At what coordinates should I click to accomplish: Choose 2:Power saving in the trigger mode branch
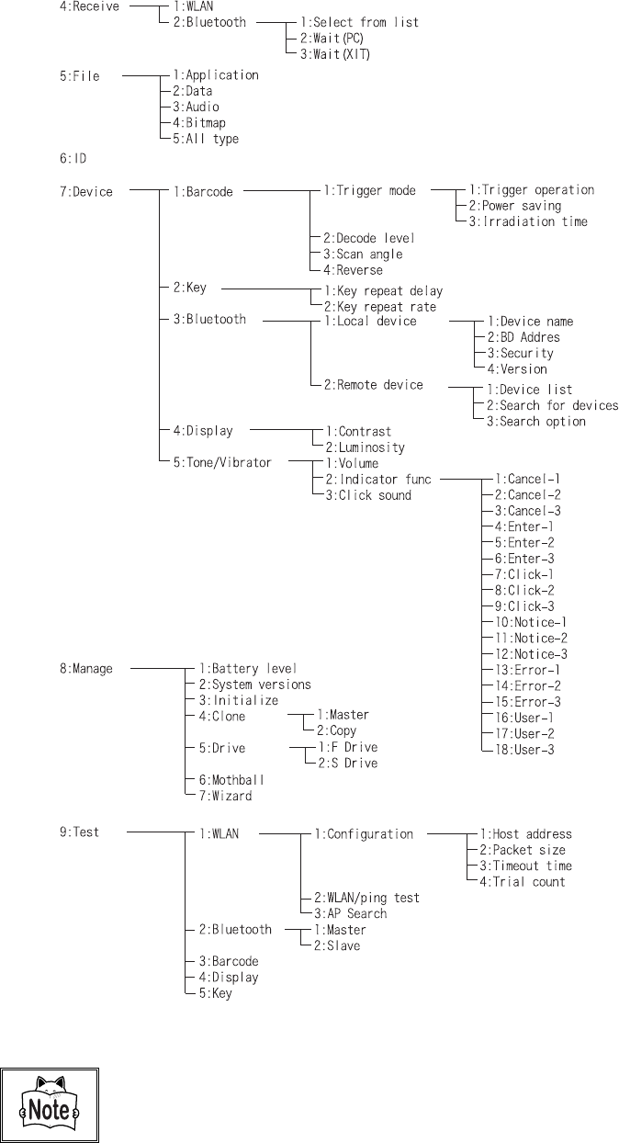(514, 206)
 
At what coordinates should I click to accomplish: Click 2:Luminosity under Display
(364, 447)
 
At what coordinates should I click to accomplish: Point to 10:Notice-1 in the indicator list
(531, 622)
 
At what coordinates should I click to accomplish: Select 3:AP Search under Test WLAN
(350, 913)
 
